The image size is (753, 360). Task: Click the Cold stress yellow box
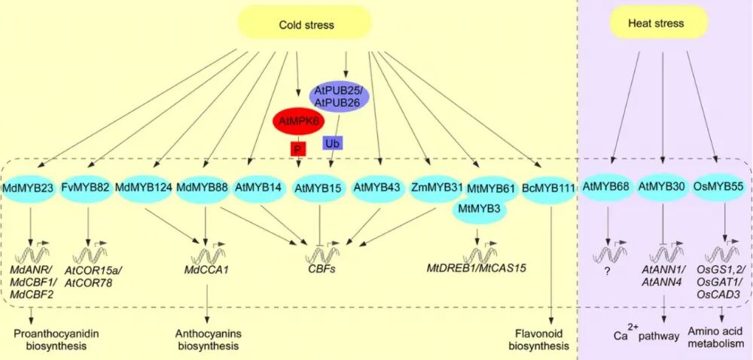(305, 25)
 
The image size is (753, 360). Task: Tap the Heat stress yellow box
(656, 24)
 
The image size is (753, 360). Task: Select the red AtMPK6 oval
(299, 119)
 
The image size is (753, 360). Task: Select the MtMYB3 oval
(480, 208)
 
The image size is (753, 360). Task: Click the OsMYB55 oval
(716, 186)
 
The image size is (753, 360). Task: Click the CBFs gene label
(322, 267)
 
